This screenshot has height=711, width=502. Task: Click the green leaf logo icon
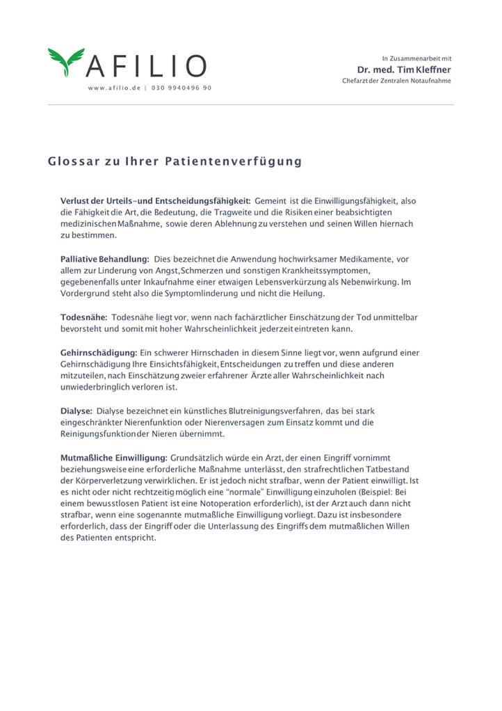coord(66,62)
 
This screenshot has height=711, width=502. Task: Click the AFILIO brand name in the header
coord(145,67)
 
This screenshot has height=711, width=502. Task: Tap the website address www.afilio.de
coord(114,88)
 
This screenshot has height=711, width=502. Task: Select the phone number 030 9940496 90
coord(181,88)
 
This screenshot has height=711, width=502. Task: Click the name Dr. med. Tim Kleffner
coord(403,70)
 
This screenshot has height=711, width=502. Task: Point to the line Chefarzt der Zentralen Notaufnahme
coord(396,81)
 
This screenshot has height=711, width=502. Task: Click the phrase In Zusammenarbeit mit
coord(416,58)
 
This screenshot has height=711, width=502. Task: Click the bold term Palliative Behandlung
coord(105,259)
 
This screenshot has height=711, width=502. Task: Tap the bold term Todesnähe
coord(83,317)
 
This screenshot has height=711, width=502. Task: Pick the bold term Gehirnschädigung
coord(98,353)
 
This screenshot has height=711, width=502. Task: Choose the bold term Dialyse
coord(76,410)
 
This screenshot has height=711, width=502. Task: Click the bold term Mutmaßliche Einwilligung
coord(114,457)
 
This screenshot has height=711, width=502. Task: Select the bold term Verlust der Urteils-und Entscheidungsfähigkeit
coord(155,200)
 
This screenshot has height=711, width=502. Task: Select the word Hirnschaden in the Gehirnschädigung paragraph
coord(210,353)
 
